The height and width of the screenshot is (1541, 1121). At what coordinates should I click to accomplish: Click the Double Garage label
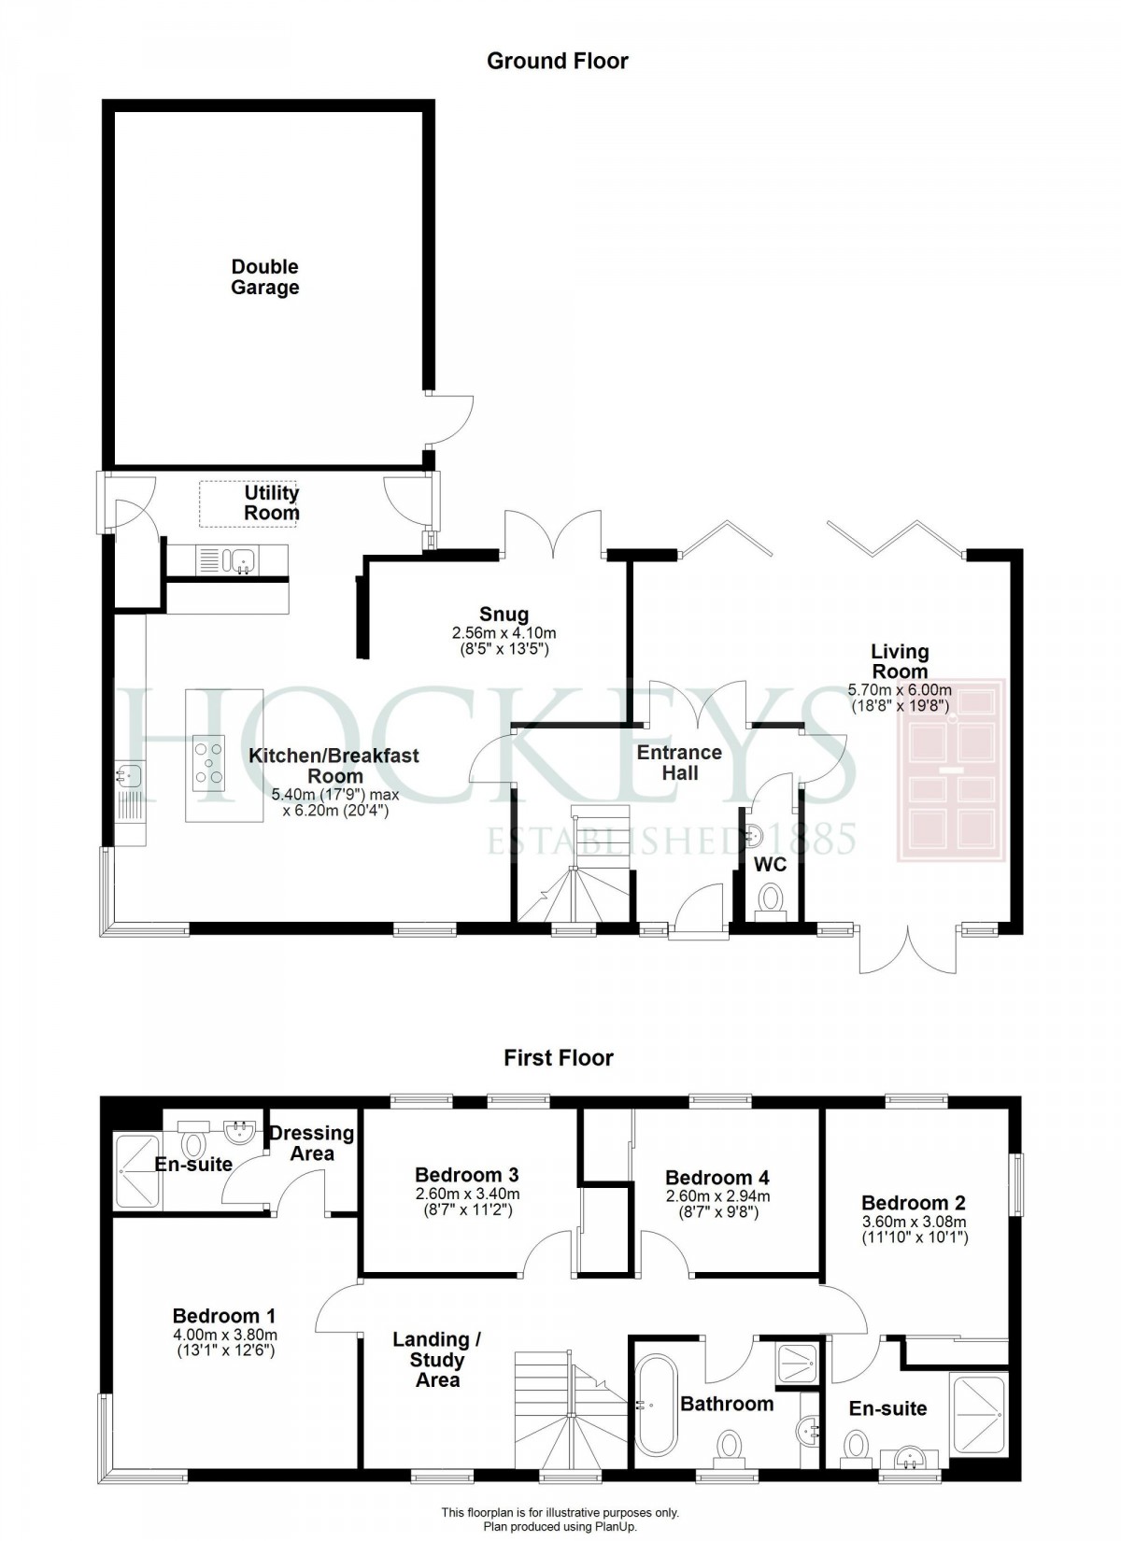(x=265, y=277)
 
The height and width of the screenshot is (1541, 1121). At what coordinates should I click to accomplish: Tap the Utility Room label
(x=272, y=502)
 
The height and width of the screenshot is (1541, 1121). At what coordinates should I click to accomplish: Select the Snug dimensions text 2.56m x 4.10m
(x=504, y=632)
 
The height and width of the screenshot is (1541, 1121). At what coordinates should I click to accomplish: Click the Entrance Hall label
(x=679, y=762)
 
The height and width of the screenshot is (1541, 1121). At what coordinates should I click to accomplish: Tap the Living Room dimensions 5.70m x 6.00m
(x=900, y=690)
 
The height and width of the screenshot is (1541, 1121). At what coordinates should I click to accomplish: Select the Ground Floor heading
(x=558, y=61)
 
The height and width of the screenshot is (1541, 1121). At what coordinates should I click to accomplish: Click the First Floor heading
(x=558, y=1057)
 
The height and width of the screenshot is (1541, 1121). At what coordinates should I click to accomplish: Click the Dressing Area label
(x=312, y=1142)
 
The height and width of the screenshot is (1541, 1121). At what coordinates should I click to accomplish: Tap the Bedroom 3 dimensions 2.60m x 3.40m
(x=466, y=1194)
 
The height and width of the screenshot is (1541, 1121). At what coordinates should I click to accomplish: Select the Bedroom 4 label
(x=717, y=1178)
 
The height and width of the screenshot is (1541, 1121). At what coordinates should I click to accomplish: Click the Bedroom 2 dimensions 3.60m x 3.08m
(x=914, y=1221)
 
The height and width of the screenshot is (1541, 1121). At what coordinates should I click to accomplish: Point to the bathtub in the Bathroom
(x=652, y=1406)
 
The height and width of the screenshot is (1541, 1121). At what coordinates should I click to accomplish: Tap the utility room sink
(x=242, y=560)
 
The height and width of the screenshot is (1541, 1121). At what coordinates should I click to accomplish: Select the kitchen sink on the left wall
(x=130, y=774)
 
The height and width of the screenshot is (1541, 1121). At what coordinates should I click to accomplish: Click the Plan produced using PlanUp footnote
(x=560, y=1526)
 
